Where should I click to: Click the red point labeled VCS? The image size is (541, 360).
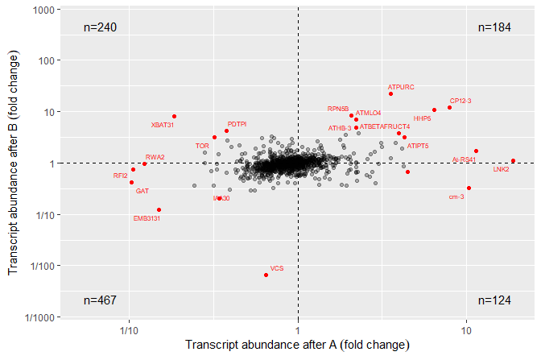(x=266, y=275)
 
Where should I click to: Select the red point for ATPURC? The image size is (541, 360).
(x=391, y=93)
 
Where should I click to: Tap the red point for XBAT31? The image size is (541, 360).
(x=175, y=116)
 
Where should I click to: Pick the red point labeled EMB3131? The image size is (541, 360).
(x=159, y=209)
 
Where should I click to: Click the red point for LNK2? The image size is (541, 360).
(x=513, y=160)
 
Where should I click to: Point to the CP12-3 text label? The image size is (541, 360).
(x=460, y=101)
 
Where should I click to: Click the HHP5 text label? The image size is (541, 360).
(x=423, y=118)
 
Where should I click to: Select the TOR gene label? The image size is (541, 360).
(x=202, y=146)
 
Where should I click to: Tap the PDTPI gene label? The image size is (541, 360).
(x=237, y=124)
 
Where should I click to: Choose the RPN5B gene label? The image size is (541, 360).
(x=337, y=109)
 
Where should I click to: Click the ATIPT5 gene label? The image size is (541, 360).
(x=418, y=146)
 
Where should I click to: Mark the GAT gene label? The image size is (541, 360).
(x=142, y=191)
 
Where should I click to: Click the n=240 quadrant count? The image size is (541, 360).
(x=101, y=27)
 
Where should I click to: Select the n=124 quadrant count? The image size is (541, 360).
(x=494, y=300)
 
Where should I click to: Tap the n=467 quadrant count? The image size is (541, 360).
(x=101, y=300)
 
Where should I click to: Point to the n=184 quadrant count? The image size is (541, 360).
(x=494, y=27)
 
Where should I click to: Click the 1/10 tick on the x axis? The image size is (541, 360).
(x=127, y=330)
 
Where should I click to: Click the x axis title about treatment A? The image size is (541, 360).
(x=297, y=346)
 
